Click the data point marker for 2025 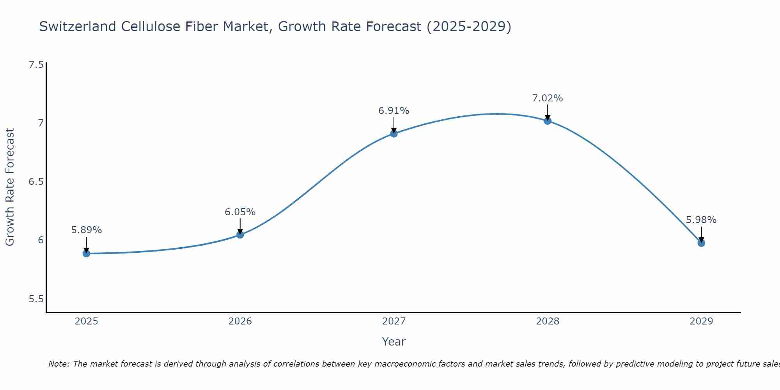pyautogui.click(x=86, y=253)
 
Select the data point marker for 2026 pyautogui.click(x=240, y=234)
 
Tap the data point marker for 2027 pyautogui.click(x=394, y=133)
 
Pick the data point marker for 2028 pyautogui.click(x=548, y=121)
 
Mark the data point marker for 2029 pyautogui.click(x=701, y=243)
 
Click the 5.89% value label pyautogui.click(x=86, y=230)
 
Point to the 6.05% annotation pyautogui.click(x=240, y=212)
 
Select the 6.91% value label pyautogui.click(x=394, y=111)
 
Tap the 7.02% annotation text pyautogui.click(x=548, y=98)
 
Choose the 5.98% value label pyautogui.click(x=701, y=220)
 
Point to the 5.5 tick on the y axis pyautogui.click(x=36, y=299)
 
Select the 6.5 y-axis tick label pyautogui.click(x=36, y=182)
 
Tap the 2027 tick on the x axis pyautogui.click(x=394, y=321)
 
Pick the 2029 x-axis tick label pyautogui.click(x=701, y=321)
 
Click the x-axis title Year pyautogui.click(x=394, y=342)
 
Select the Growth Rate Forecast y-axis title pyautogui.click(x=10, y=187)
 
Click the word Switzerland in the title pyautogui.click(x=78, y=27)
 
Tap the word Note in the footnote pyautogui.click(x=58, y=364)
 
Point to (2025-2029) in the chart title pyautogui.click(x=469, y=27)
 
